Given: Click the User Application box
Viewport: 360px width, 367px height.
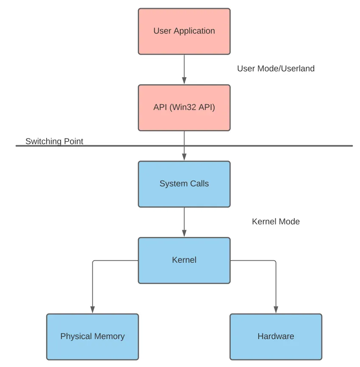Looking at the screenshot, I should tap(184, 31).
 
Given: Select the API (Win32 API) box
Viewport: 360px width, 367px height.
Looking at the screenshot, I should tap(184, 108).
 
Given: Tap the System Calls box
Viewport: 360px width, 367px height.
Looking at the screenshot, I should tap(184, 184).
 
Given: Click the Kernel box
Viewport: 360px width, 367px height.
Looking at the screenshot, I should tap(184, 260).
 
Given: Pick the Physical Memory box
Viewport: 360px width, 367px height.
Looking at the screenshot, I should tap(92, 336).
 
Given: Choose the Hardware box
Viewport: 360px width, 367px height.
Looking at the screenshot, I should tap(276, 336).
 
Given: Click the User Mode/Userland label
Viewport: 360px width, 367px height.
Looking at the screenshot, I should tap(276, 69).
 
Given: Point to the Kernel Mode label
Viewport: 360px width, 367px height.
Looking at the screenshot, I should tap(276, 222).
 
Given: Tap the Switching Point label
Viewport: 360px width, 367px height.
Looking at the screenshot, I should tap(54, 141).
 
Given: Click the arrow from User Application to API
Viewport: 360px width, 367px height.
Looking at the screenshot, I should tap(184, 68).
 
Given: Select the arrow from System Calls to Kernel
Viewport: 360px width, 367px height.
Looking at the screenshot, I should tap(184, 220).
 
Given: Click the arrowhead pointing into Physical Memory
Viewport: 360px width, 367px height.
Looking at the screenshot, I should tap(92, 310).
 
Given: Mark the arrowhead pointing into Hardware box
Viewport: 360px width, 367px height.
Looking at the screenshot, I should tap(276, 310).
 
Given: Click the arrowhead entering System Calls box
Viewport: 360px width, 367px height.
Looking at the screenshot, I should tap(184, 157).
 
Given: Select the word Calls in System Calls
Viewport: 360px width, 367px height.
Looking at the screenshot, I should tap(199, 184).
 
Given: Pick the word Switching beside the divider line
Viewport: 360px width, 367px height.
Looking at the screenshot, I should tap(43, 141).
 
